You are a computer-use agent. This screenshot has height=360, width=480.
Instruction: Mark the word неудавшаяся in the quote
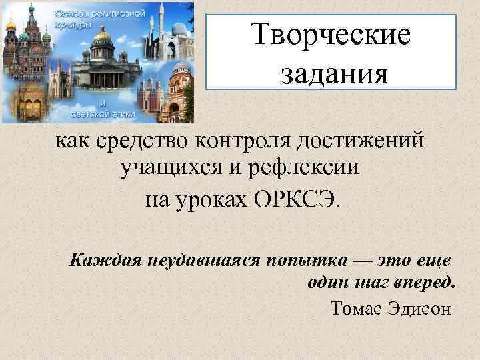pyautogui.click(x=195, y=259)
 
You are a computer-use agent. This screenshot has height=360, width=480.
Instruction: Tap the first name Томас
pyautogui.click(x=354, y=308)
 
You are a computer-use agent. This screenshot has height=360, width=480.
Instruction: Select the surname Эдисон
pyautogui.click(x=418, y=308)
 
